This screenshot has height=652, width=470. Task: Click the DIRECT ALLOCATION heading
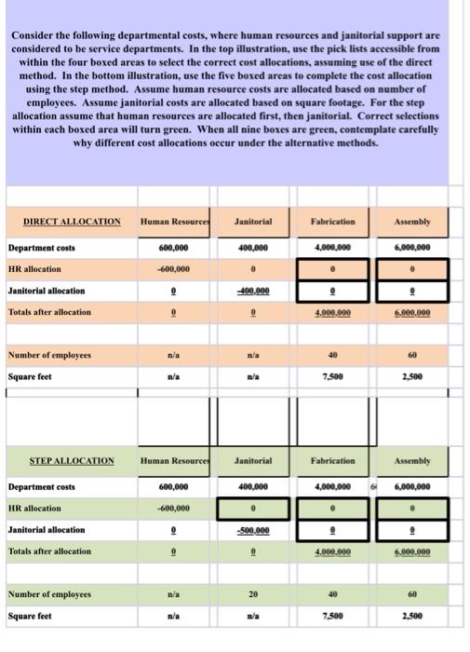pos(72,222)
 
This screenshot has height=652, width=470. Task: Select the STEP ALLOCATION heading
pos(72,461)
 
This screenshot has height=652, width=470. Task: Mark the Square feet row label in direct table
pos(30,375)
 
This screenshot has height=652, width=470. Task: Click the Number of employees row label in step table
pos(49,593)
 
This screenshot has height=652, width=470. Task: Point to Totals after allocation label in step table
pos(50,551)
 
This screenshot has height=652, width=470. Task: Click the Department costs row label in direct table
pos(42,248)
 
